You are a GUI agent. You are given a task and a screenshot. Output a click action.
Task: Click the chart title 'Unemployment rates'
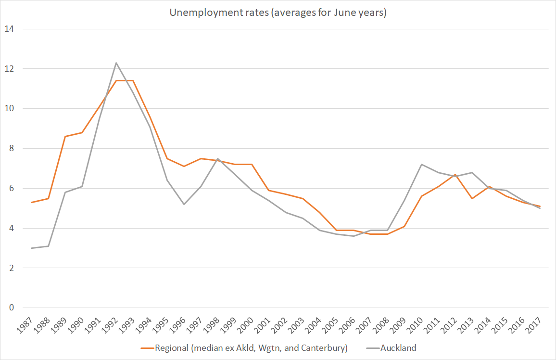[278, 13]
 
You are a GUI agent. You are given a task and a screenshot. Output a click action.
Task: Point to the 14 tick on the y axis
[9, 29]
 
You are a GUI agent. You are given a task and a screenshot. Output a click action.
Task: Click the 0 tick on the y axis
[11, 308]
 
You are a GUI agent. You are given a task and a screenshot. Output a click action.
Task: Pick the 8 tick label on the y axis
[11, 149]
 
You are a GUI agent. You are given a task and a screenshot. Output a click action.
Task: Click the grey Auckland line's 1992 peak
[116, 63]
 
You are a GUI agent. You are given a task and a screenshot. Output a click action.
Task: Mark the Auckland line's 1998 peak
[218, 158]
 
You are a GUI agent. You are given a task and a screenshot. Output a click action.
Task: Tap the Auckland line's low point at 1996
[184, 204]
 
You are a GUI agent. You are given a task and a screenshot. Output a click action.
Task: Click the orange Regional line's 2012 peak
[455, 174]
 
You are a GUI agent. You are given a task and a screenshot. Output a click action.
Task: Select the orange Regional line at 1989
[65, 136]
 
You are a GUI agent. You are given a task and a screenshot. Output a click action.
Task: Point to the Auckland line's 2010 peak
[421, 164]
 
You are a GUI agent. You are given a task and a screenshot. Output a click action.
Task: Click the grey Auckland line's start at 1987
[31, 248]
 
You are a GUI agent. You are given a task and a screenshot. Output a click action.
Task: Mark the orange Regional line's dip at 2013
[472, 198]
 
